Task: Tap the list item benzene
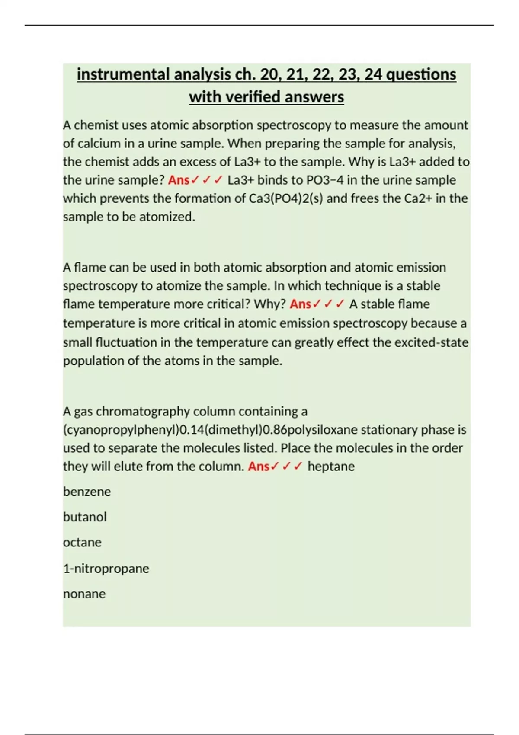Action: pos(87,492)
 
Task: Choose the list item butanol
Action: pos(85,517)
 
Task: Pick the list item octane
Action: pos(82,543)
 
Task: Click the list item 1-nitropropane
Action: pos(106,568)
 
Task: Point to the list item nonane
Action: pos(84,594)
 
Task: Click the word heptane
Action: pos(331,467)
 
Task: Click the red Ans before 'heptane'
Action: pos(259,467)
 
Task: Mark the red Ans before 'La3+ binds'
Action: pos(179,180)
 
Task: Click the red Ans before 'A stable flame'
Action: pos(300,304)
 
